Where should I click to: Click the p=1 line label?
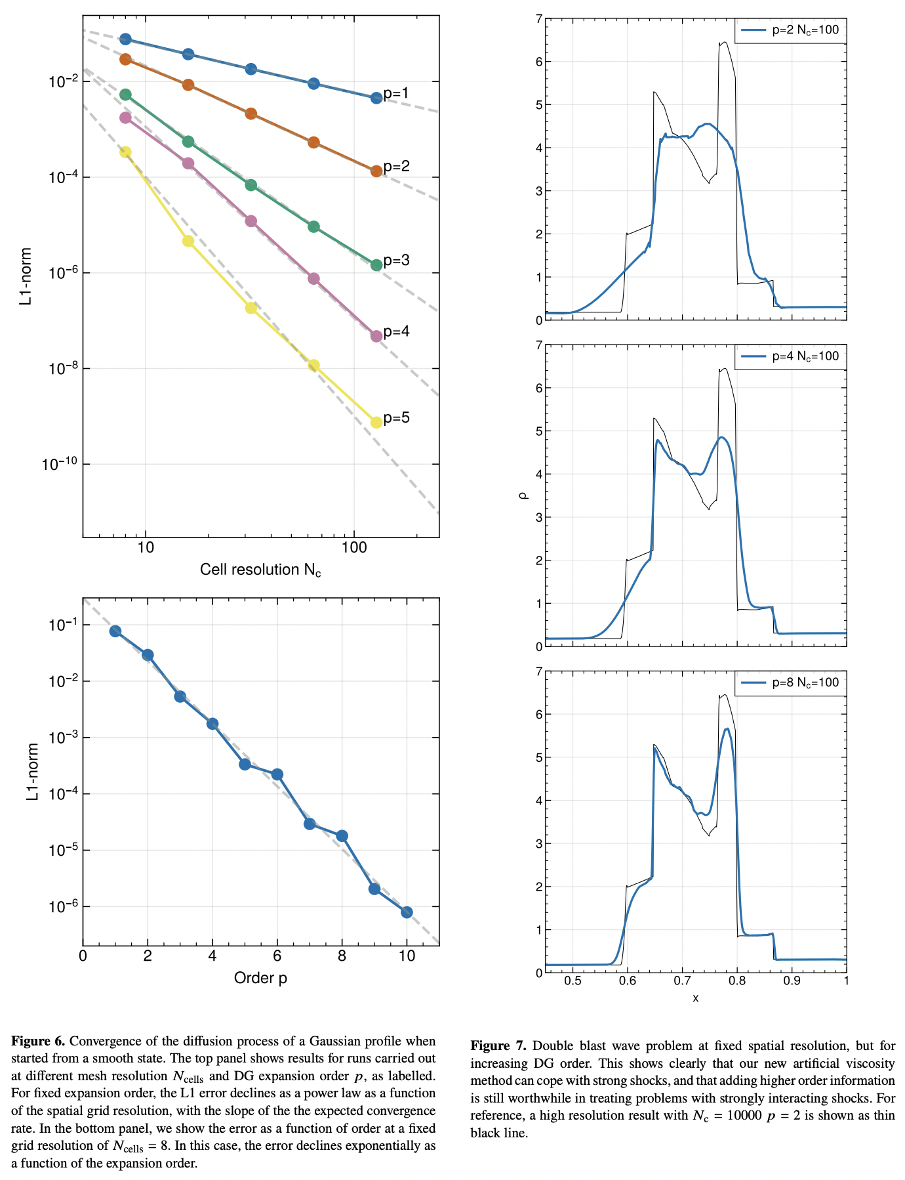pos(396,93)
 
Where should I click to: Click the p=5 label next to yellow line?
pos(397,417)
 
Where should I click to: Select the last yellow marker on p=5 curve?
pos(376,422)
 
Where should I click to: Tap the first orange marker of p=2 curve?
pos(125,60)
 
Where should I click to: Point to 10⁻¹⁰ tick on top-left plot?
pos(59,465)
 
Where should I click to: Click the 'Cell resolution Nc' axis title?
pos(260,570)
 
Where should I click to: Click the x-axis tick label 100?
pos(354,547)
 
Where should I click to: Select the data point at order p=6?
pos(277,774)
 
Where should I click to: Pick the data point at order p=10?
pos(407,912)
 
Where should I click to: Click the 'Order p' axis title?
pos(260,978)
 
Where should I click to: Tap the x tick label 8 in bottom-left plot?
pos(342,956)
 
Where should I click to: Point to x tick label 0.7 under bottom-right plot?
pos(682,981)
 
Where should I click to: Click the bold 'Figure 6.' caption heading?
pos(38,1042)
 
